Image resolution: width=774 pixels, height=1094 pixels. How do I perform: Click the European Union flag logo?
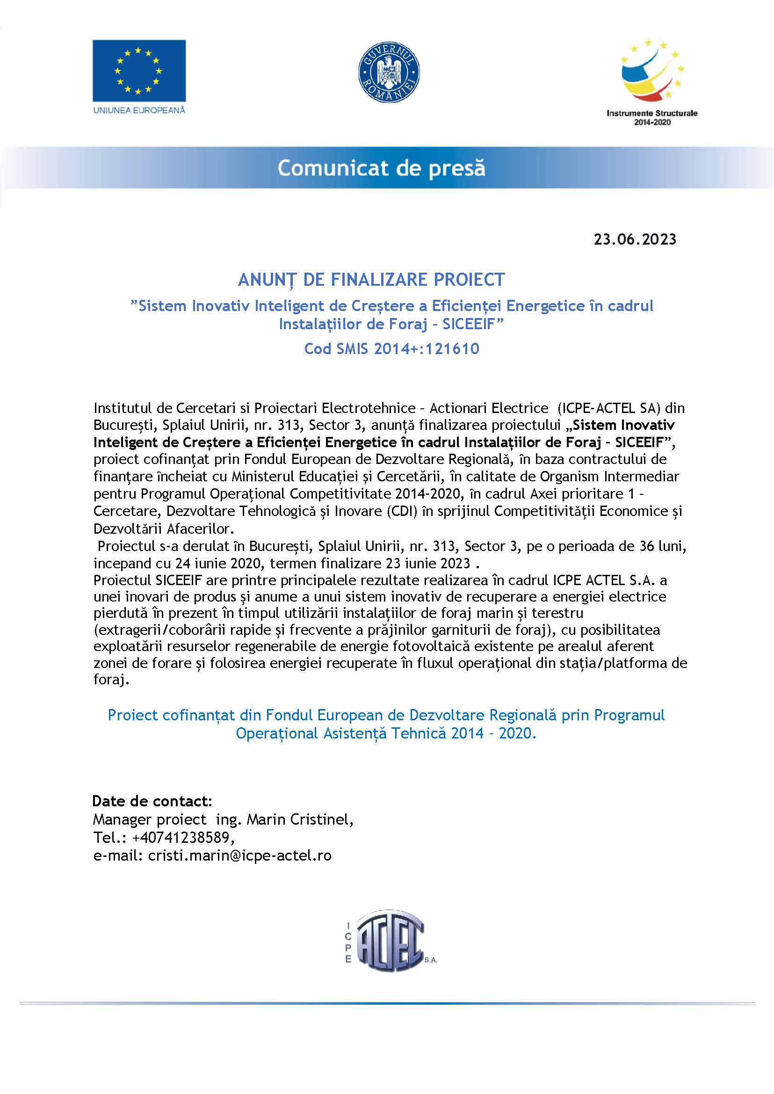point(139,70)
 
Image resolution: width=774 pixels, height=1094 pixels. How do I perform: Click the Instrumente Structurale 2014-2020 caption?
point(651,118)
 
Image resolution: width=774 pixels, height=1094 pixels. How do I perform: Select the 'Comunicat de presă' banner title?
point(381,168)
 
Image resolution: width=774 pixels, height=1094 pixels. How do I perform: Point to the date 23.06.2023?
point(634,239)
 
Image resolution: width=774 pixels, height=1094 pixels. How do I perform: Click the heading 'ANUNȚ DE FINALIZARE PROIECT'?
point(371,280)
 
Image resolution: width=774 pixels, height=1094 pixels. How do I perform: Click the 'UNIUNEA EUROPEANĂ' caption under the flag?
point(139,110)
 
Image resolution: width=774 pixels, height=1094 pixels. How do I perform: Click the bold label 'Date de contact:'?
point(152,801)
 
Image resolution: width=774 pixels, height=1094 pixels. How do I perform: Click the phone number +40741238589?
point(183,838)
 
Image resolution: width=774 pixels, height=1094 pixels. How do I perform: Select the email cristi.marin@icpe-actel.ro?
point(240,855)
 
